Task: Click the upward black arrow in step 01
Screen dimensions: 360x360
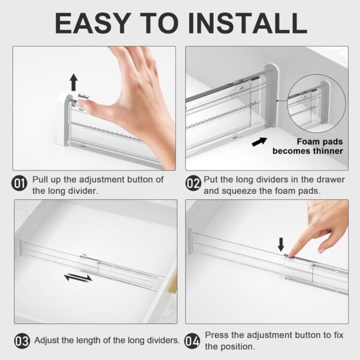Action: pyautogui.click(x=74, y=82)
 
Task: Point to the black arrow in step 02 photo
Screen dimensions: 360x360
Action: pyautogui.click(x=260, y=142)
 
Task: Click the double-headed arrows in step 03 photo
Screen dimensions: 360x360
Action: pyautogui.click(x=79, y=278)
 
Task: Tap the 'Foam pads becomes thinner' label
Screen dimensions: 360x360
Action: pyautogui.click(x=307, y=146)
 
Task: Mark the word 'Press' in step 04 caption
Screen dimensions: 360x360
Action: pyautogui.click(x=217, y=335)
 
